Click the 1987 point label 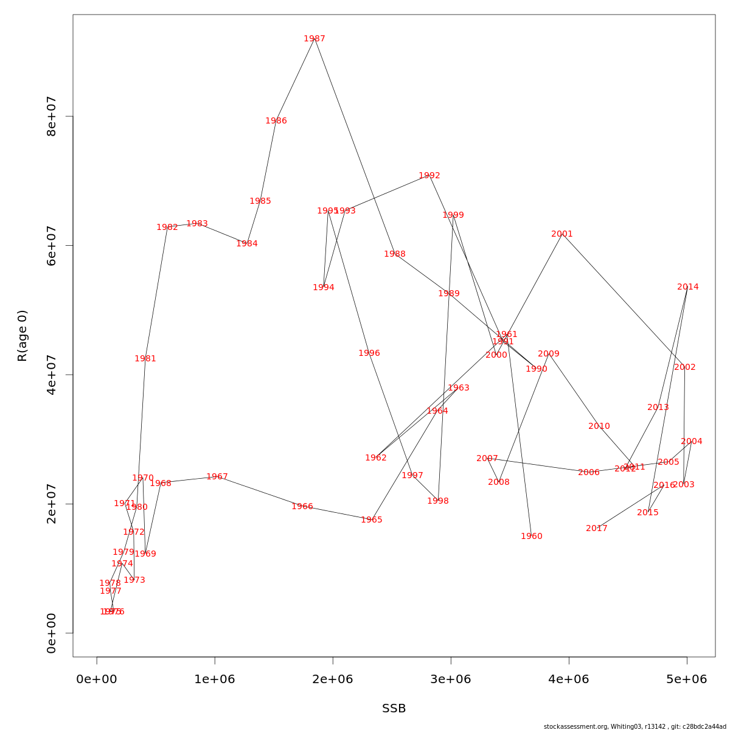point(315,39)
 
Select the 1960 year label point(532,537)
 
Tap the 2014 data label point(688,287)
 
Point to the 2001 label point(562,234)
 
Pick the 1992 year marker point(429,176)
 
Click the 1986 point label point(276,121)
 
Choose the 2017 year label point(597,529)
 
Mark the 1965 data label point(372,520)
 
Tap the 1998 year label point(438,501)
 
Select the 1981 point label point(145,359)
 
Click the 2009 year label point(549,354)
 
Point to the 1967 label point(217,477)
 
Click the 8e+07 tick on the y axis point(52,116)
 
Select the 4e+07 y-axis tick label point(52,375)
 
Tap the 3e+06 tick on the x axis point(451,680)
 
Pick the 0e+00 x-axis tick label point(97,680)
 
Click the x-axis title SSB point(394,709)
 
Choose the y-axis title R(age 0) point(23,336)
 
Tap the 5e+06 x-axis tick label point(687,680)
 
